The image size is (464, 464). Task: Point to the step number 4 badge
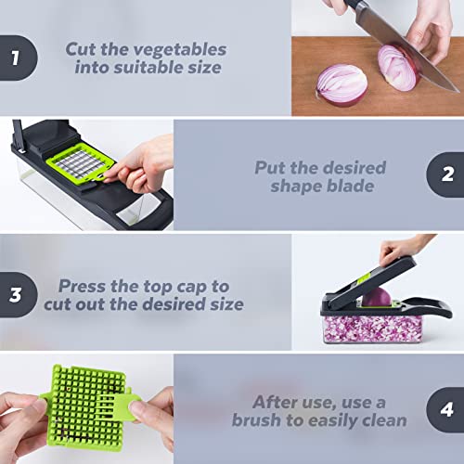tap(446, 411)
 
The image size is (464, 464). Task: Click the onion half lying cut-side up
tap(341, 82)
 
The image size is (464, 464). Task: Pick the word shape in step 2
tap(297, 186)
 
